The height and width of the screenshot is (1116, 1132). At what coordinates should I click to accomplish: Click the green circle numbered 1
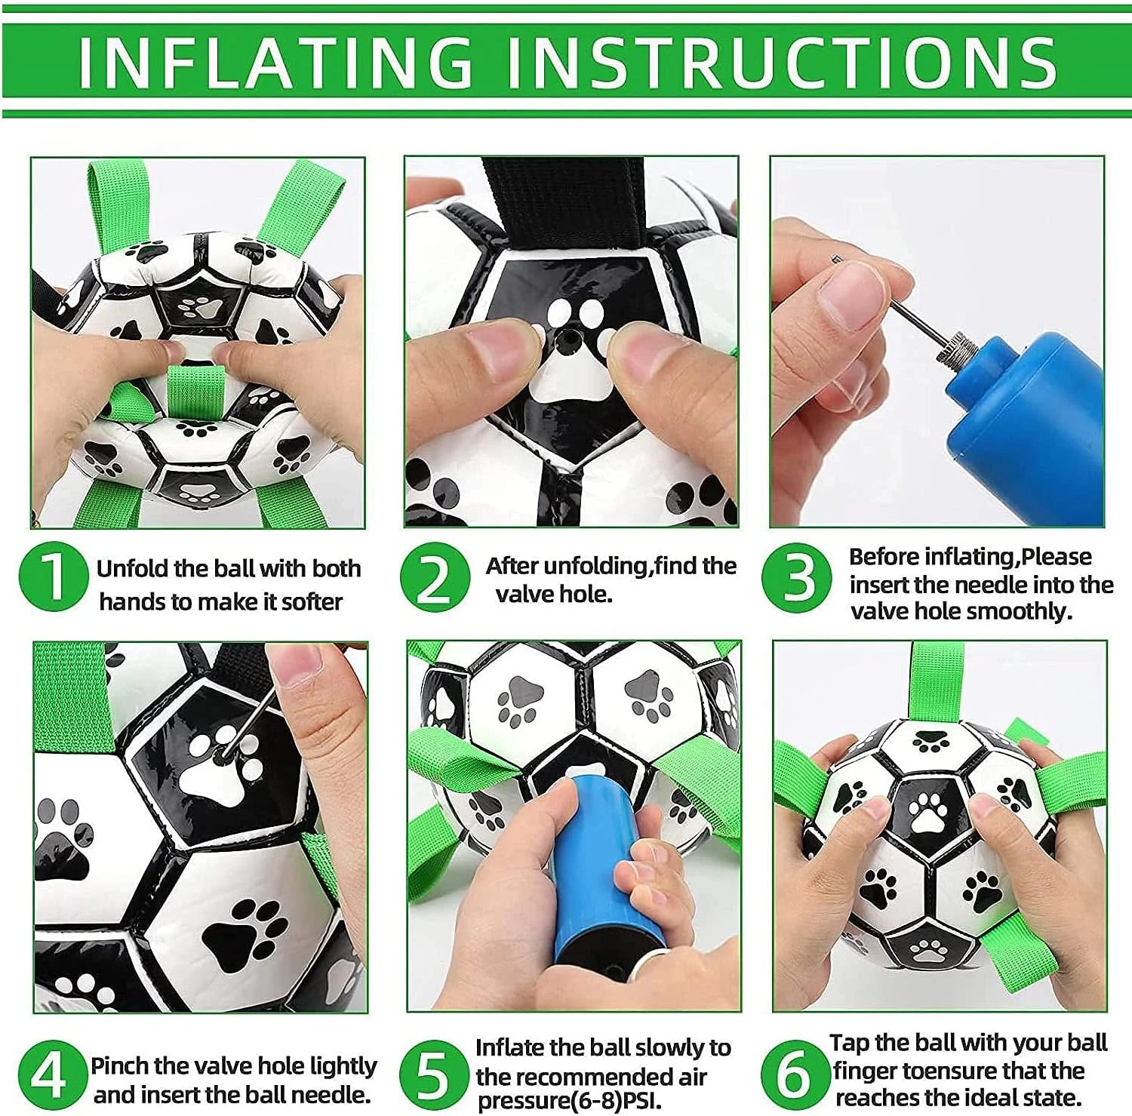click(x=53, y=576)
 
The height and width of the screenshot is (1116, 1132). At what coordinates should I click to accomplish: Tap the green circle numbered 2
click(x=434, y=577)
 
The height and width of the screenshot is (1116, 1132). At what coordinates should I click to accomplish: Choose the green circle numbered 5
click(x=433, y=1074)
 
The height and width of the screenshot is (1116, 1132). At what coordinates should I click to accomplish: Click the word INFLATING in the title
click(x=275, y=61)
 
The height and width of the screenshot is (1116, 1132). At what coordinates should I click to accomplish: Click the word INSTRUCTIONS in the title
click(x=782, y=61)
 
